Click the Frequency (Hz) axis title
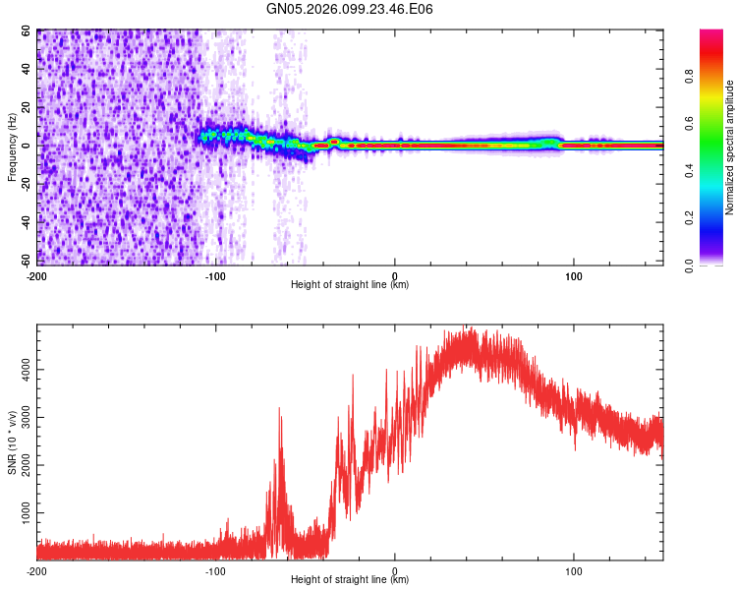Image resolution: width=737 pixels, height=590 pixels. [x=13, y=147]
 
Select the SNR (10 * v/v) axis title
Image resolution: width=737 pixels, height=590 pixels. [x=13, y=442]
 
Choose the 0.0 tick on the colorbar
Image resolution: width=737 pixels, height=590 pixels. [x=689, y=264]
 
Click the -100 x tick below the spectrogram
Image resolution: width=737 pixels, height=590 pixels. [x=215, y=275]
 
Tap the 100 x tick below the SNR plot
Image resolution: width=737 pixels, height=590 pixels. [x=574, y=570]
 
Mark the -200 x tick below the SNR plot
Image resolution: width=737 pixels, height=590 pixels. [x=37, y=570]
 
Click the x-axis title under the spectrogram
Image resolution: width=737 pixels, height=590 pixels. [x=350, y=285]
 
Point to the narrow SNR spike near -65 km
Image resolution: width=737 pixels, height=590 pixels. [x=280, y=418]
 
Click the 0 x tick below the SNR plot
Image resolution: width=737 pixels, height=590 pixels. [x=395, y=570]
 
